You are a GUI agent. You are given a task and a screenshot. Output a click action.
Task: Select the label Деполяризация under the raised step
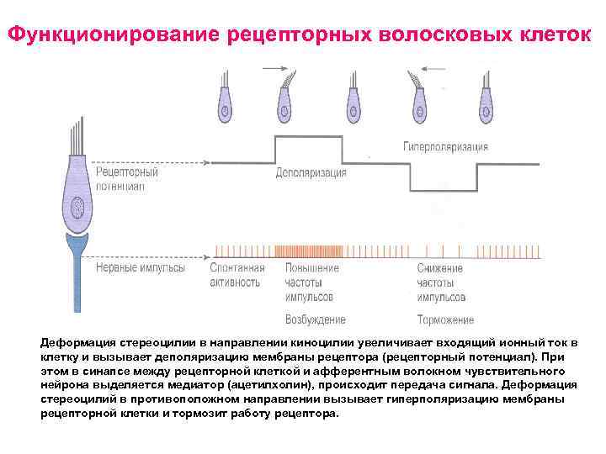(311, 173)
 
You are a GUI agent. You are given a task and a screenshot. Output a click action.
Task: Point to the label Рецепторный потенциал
(127, 179)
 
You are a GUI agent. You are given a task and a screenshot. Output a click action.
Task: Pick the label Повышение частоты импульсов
(311, 282)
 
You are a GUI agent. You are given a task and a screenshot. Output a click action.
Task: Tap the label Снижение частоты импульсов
(441, 282)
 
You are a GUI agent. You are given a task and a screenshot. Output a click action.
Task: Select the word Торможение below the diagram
(445, 319)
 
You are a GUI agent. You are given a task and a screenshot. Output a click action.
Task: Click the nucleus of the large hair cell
(77, 203)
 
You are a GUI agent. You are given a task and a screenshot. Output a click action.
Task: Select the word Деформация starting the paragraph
(77, 345)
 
